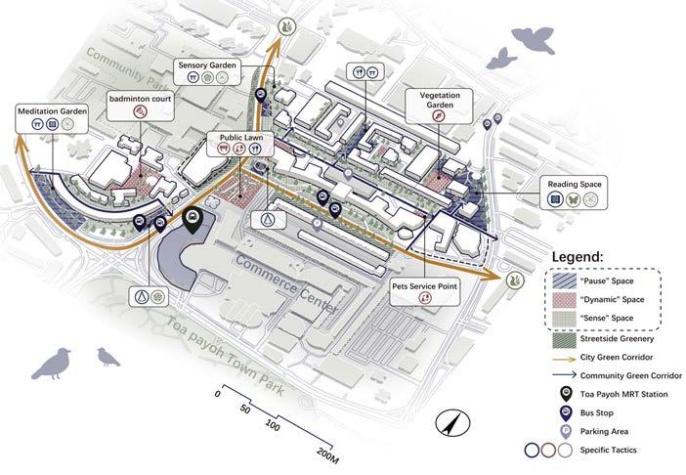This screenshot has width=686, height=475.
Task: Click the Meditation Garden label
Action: tap(52, 111)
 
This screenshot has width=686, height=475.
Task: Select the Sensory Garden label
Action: tap(208, 65)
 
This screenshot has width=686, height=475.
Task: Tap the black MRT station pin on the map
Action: tap(193, 221)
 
